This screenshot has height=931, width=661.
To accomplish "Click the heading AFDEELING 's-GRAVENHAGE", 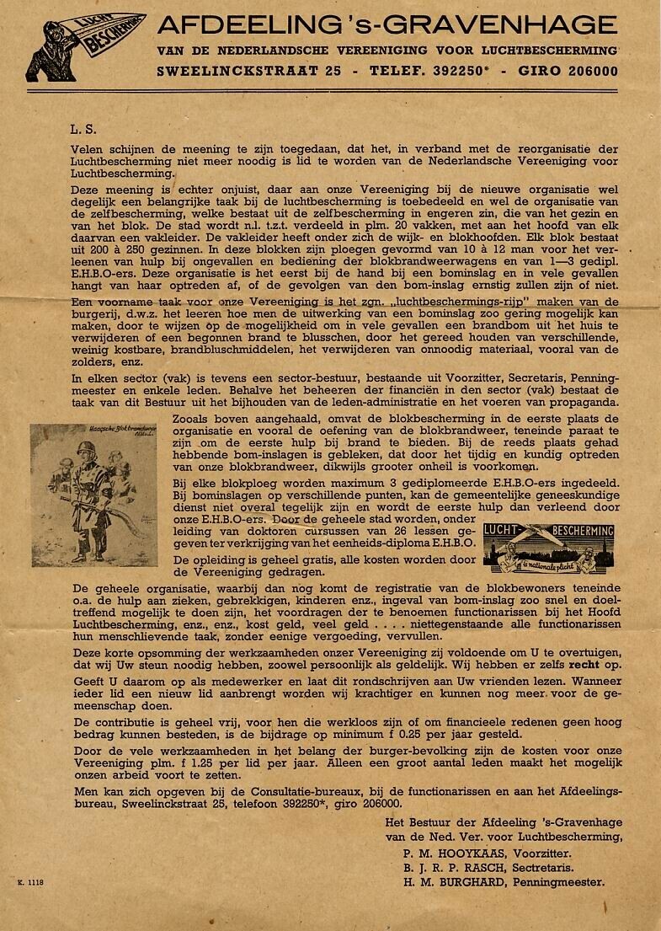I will (386, 24).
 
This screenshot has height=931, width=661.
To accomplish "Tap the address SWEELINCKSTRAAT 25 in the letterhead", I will (249, 72).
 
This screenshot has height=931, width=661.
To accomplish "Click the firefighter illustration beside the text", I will (93, 494).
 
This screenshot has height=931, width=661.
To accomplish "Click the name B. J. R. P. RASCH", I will (457, 867).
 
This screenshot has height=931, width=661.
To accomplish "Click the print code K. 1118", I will (30, 882).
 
